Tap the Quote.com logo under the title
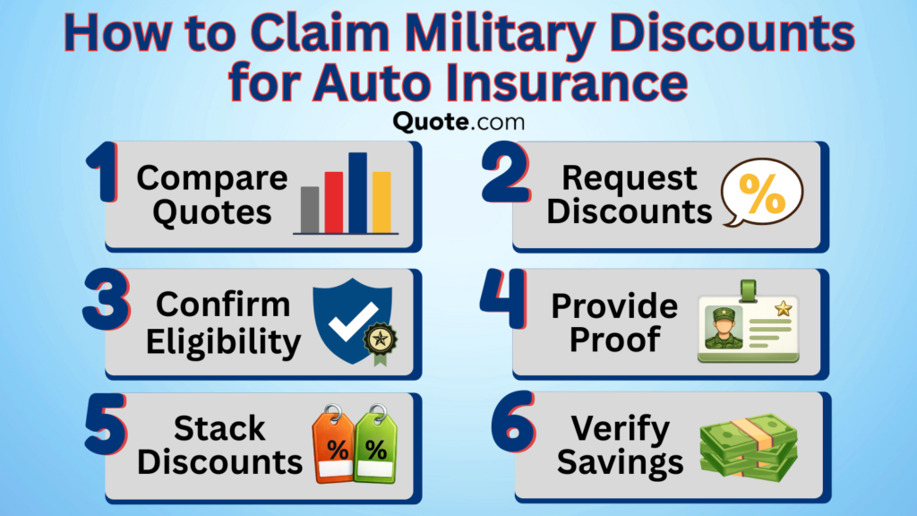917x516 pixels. [x=458, y=119]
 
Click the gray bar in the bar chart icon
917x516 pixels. [x=310, y=209]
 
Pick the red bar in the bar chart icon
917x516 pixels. [x=333, y=201]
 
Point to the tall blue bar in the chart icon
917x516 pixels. [x=357, y=192]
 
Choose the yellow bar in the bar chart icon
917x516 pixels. [x=381, y=201]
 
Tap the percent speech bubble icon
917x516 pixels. [x=762, y=193]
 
